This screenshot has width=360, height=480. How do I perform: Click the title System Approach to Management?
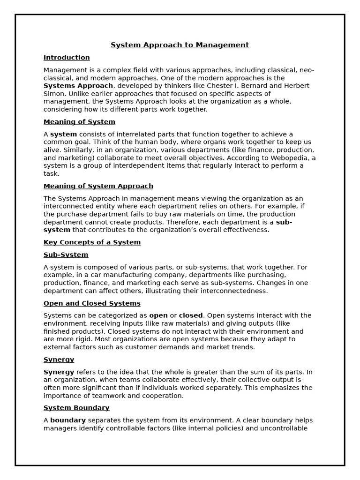coord(180,45)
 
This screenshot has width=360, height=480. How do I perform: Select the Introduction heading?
coord(67,58)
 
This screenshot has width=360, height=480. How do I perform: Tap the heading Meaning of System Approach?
coord(98,186)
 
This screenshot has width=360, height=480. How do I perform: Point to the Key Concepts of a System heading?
coord(92,242)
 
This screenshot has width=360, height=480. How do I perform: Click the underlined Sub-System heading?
coord(66,255)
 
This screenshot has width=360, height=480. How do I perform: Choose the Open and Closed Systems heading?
coord(92,303)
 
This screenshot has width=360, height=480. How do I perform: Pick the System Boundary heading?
coord(76,408)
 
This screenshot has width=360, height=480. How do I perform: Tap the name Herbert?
coord(296,86)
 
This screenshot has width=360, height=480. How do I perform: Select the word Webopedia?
coord(290,158)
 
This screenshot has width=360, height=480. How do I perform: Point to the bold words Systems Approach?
coord(78,86)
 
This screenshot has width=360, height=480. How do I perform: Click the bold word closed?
coord(191,315)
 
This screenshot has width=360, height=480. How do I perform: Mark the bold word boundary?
coord(68,420)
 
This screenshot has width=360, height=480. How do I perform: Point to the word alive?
coord(51,150)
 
